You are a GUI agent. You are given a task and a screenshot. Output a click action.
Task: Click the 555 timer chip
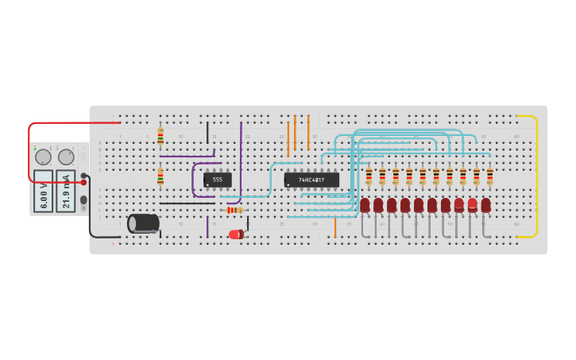pos(217,180)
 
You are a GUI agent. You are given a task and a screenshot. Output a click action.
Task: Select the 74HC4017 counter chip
pos(311,180)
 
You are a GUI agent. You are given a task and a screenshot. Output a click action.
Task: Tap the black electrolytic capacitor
pos(143,223)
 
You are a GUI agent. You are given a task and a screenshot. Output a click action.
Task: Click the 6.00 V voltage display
pos(43,191)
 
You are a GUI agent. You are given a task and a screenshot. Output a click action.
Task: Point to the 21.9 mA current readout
pos(66,191)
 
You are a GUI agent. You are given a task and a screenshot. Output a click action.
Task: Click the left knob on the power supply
pos(43,157)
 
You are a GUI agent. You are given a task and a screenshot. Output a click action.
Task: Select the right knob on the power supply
pos(66,157)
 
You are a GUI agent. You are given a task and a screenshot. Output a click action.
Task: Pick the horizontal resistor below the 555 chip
pos(234,210)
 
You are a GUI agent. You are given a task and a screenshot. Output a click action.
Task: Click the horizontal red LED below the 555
pos(236,234)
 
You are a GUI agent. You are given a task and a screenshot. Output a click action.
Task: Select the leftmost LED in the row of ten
pos(365,205)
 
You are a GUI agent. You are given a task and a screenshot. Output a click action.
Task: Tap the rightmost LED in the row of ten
pos(485,205)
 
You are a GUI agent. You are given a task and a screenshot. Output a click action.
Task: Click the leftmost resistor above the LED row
pos(369,176)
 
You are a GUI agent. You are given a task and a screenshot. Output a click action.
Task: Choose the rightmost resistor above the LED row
pos(489,176)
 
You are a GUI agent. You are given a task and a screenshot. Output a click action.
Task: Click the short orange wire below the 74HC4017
pos(335,227)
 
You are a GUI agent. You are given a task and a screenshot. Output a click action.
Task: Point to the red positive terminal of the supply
pos(83,182)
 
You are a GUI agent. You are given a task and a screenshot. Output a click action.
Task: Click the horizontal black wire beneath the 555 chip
pos(187,203)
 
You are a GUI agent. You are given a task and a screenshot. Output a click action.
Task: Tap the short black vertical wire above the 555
pos(207,132)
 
